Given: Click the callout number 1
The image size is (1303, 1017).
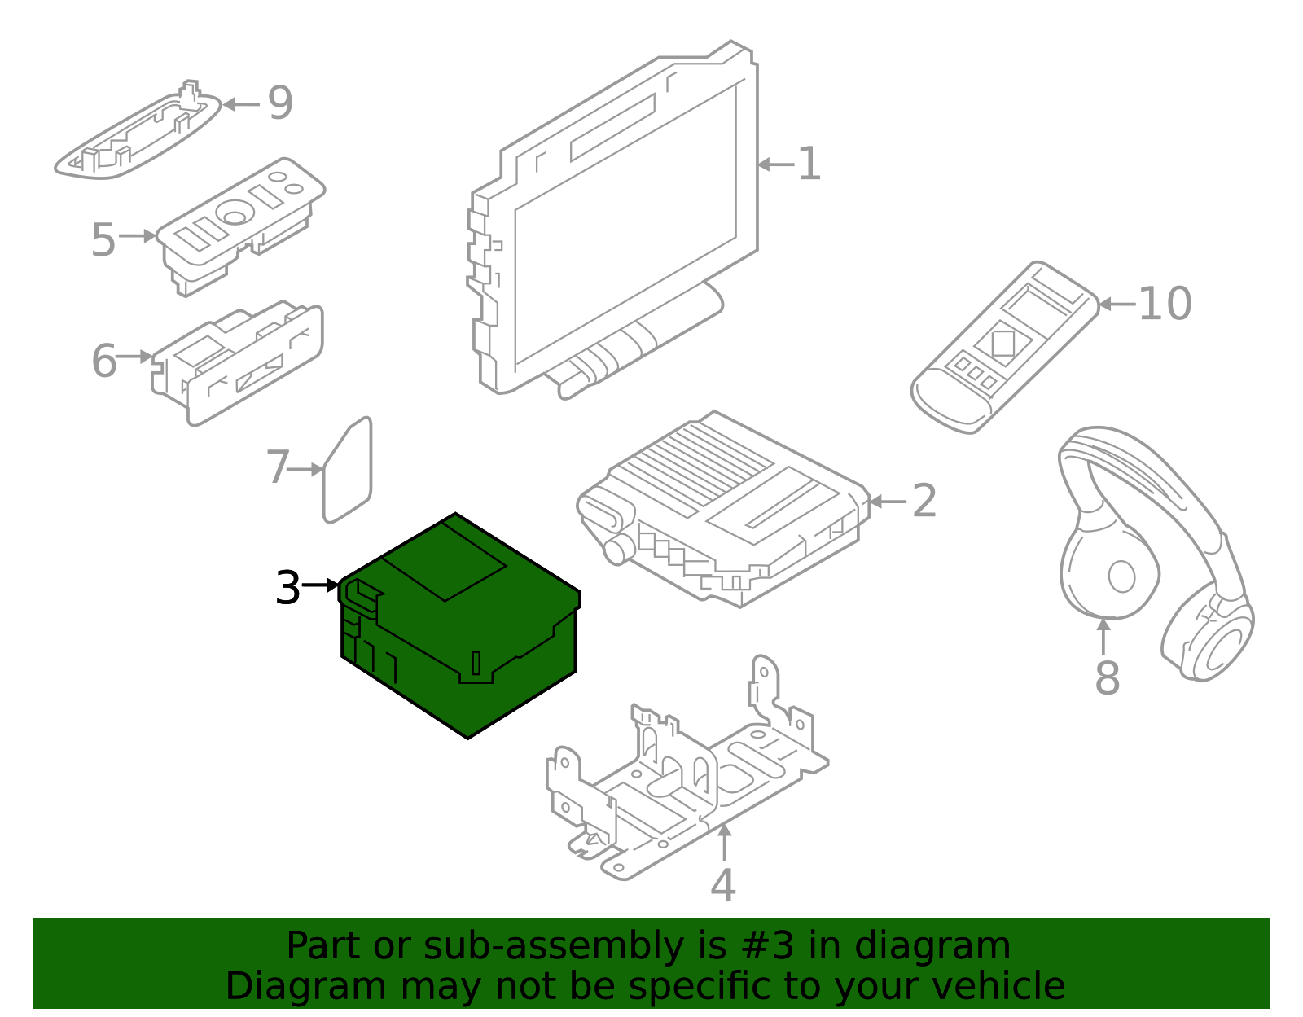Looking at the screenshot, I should [x=808, y=164].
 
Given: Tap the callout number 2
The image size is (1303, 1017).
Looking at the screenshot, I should [x=924, y=501].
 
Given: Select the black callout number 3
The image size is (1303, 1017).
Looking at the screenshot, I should [x=287, y=588].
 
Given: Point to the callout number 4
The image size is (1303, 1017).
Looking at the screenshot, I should [x=722, y=886].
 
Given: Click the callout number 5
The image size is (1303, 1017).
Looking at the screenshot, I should [x=103, y=240].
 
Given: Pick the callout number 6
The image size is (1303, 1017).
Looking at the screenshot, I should [x=103, y=361].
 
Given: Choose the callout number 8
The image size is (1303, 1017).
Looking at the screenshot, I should [x=1107, y=677].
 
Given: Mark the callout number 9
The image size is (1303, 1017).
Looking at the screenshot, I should [x=280, y=103].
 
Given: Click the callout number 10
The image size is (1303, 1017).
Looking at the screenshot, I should [x=1165, y=304].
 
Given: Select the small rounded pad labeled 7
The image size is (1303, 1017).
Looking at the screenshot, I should [x=349, y=471].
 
